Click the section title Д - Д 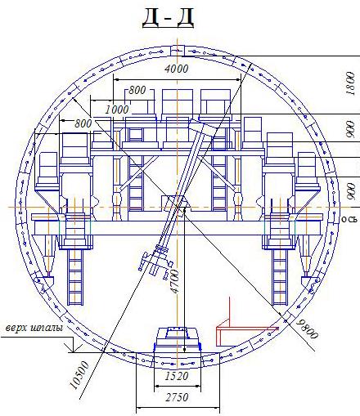[168, 18]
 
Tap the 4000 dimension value [177, 69]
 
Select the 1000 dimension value [117, 110]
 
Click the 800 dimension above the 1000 [137, 90]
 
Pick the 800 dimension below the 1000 [83, 123]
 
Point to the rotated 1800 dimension [350, 83]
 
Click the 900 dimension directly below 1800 [350, 129]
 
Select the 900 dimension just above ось [351, 191]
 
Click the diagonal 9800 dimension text [308, 329]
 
